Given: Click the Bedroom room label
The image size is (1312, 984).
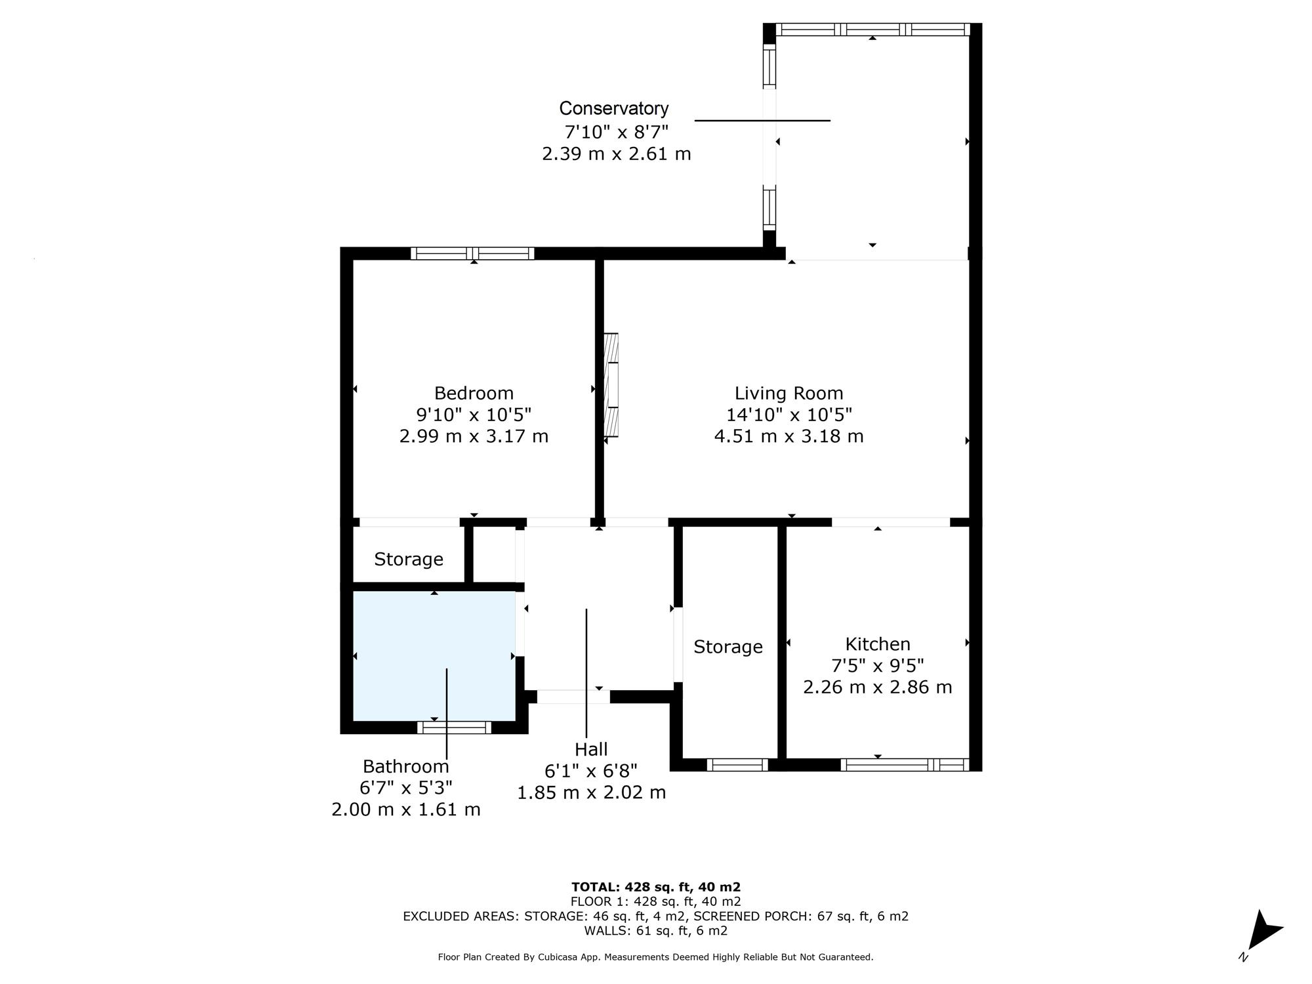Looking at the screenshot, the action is coord(474,393).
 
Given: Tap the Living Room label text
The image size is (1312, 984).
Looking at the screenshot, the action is coord(789,393).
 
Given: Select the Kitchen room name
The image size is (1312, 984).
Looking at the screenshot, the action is coord(878,644).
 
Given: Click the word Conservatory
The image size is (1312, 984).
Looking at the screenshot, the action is coord(614,108).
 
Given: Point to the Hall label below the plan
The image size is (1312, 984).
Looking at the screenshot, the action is coord(591,749).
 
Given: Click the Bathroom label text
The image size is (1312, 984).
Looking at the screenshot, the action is coord(406,766).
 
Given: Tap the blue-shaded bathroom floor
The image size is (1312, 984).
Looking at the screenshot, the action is coord(434,656).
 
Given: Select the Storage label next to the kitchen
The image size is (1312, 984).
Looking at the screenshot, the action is coord(728,647).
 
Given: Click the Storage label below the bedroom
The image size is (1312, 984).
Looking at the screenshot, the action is coord(409,559).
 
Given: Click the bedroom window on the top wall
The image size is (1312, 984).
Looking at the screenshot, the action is coord(472,253).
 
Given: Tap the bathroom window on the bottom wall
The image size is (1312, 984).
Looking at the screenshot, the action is coord(455,727).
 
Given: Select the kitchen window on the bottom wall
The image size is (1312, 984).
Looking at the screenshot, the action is coord(905,764).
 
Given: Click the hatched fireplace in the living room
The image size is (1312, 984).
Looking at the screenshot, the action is coord(611,385).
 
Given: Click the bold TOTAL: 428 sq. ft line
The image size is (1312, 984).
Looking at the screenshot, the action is coord(656,887).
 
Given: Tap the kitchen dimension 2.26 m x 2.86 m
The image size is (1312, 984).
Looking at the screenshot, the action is coord(878,687).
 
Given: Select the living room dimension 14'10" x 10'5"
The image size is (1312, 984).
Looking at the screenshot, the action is coord(789,415).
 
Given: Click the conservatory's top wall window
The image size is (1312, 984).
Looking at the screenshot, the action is coord(873,30).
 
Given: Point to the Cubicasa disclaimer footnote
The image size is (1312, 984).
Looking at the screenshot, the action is coord(656,957).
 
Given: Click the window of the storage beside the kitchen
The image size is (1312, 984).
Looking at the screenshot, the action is coord(737,764).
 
